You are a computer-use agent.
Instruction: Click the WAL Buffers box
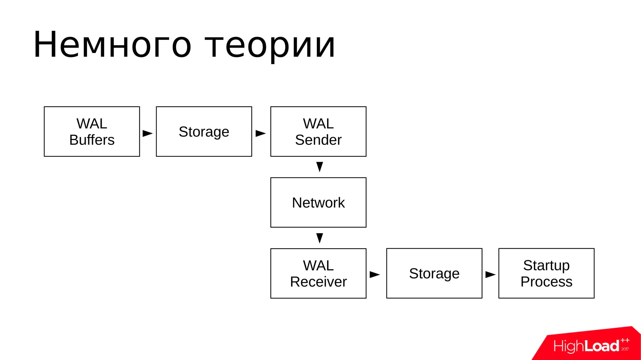(x=92, y=131)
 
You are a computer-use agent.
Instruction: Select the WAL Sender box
(x=318, y=131)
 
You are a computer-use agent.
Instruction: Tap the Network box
(x=318, y=203)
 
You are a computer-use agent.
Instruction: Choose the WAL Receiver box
(x=318, y=273)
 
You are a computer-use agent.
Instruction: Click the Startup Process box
(x=546, y=273)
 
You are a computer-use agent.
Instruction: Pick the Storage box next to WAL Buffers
(x=204, y=131)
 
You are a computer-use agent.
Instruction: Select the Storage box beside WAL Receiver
(x=434, y=273)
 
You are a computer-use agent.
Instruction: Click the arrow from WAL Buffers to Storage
(x=147, y=133)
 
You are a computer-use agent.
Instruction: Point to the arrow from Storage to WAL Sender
(x=260, y=133)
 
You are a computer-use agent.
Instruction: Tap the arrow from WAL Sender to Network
(x=320, y=167)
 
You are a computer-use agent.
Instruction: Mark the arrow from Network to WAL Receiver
(x=320, y=238)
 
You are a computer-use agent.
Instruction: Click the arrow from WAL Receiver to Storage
(x=374, y=275)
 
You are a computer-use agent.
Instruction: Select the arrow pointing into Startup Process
(x=490, y=275)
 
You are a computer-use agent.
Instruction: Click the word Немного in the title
(x=112, y=45)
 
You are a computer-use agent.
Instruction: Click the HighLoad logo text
(x=586, y=346)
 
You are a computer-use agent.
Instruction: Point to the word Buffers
(x=92, y=140)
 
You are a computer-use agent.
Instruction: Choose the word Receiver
(x=318, y=282)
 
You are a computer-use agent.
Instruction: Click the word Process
(x=546, y=282)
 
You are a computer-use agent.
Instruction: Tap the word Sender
(x=318, y=140)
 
